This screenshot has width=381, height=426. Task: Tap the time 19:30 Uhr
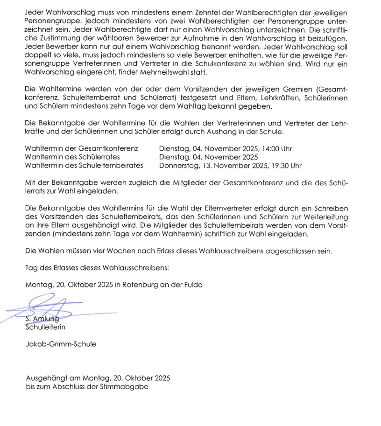pos(284,165)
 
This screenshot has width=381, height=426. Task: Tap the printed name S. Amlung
pos(42,319)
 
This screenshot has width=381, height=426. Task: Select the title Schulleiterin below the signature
pos(45,327)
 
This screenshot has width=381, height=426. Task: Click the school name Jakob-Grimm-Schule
pos(61,344)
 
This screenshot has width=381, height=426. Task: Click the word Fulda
pos(193,284)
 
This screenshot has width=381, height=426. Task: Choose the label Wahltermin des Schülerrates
pos(73,157)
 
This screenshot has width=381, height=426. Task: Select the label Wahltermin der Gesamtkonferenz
pos(82,149)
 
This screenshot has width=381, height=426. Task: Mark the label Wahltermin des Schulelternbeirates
pos(84,165)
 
